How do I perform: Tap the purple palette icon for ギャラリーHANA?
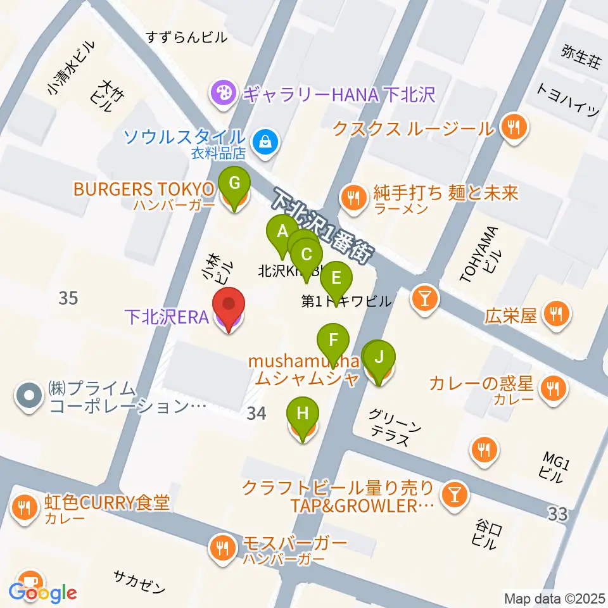223,95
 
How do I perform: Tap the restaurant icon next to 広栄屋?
557,314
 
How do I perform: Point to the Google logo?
43,593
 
